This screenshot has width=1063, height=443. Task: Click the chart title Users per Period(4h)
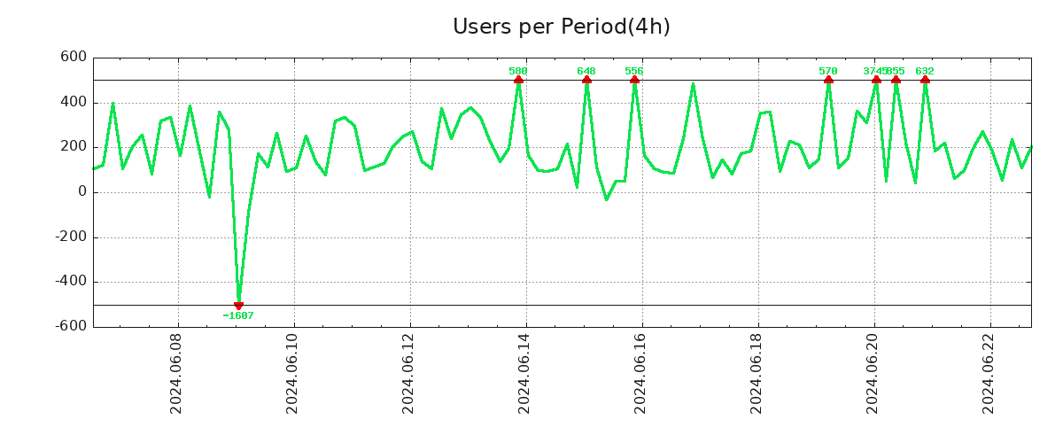point(561,27)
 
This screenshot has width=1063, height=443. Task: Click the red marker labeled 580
point(518,80)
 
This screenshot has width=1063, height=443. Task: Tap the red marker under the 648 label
point(586,80)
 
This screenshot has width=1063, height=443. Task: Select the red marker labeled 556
point(634,80)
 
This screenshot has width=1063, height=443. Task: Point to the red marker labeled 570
point(828,80)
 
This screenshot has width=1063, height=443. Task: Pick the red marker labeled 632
point(925,80)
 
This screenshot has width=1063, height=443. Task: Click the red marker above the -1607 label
point(238,305)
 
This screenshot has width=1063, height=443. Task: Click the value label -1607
point(238,316)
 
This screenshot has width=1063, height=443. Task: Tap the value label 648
point(586,71)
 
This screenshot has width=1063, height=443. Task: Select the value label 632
point(925,71)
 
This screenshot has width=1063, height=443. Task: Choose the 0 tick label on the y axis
point(82,192)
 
